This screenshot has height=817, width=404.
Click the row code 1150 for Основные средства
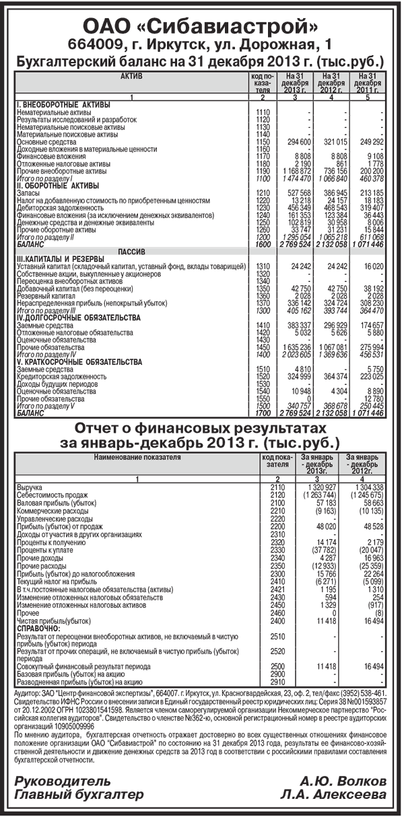click(263, 142)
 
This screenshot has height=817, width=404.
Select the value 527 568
click(299, 193)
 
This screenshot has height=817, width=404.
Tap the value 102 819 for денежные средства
click(299, 222)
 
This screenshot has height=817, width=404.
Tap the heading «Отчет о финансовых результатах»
click(203, 429)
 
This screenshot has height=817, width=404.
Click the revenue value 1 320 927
click(316, 486)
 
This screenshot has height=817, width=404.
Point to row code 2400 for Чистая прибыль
click(277, 601)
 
